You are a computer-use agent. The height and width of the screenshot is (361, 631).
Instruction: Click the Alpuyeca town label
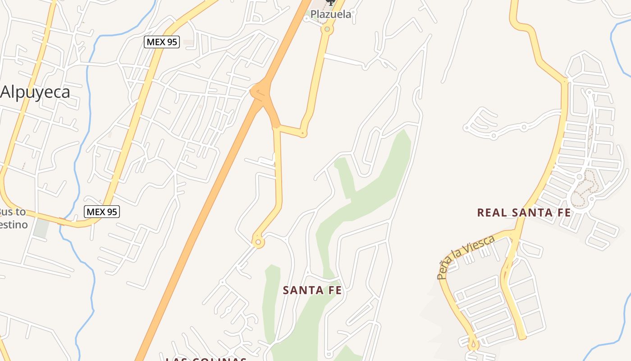(36, 93)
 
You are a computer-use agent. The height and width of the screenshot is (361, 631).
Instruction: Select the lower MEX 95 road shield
(102, 211)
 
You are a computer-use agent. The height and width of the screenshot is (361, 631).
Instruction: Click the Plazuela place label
(331, 14)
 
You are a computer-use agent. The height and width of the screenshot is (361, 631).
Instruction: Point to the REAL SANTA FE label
(524, 213)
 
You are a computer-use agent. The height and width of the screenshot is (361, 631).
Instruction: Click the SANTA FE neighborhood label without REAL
(312, 291)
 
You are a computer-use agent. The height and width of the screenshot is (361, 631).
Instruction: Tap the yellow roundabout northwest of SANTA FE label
(258, 242)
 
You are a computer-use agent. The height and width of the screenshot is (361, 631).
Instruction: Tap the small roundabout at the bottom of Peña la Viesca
(473, 345)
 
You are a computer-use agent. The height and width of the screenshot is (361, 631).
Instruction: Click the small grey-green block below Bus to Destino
(41, 228)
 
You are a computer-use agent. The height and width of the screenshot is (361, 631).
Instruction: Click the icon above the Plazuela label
(331, 3)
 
